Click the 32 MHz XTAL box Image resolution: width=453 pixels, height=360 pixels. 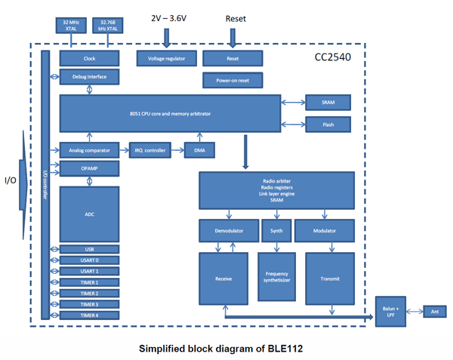(72, 25)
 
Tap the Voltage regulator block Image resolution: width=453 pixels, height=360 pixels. (166, 58)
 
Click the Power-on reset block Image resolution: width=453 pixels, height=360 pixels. (233, 80)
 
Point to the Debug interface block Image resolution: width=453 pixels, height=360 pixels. (89, 77)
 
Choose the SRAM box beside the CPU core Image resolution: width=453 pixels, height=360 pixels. (328, 103)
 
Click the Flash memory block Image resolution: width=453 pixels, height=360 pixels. (328, 125)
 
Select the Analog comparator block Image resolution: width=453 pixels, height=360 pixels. (89, 150)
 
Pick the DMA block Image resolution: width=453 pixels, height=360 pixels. (200, 150)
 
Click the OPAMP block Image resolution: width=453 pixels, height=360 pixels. (89, 168)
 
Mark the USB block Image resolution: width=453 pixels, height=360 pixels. (89, 249)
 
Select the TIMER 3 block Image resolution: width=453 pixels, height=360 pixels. (89, 304)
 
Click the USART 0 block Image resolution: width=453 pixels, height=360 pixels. (89, 260)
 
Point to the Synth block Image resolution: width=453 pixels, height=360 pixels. (276, 230)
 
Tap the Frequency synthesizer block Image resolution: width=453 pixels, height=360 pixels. (276, 278)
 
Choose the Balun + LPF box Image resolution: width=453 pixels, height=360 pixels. (389, 309)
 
